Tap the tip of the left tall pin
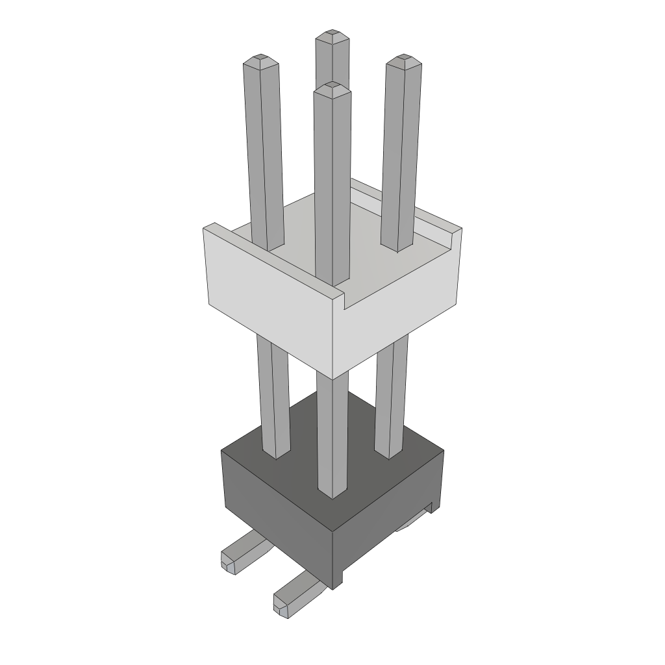[x=260, y=58]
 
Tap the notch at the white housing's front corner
[x=343, y=301]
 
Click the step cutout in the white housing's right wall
[x=448, y=237]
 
